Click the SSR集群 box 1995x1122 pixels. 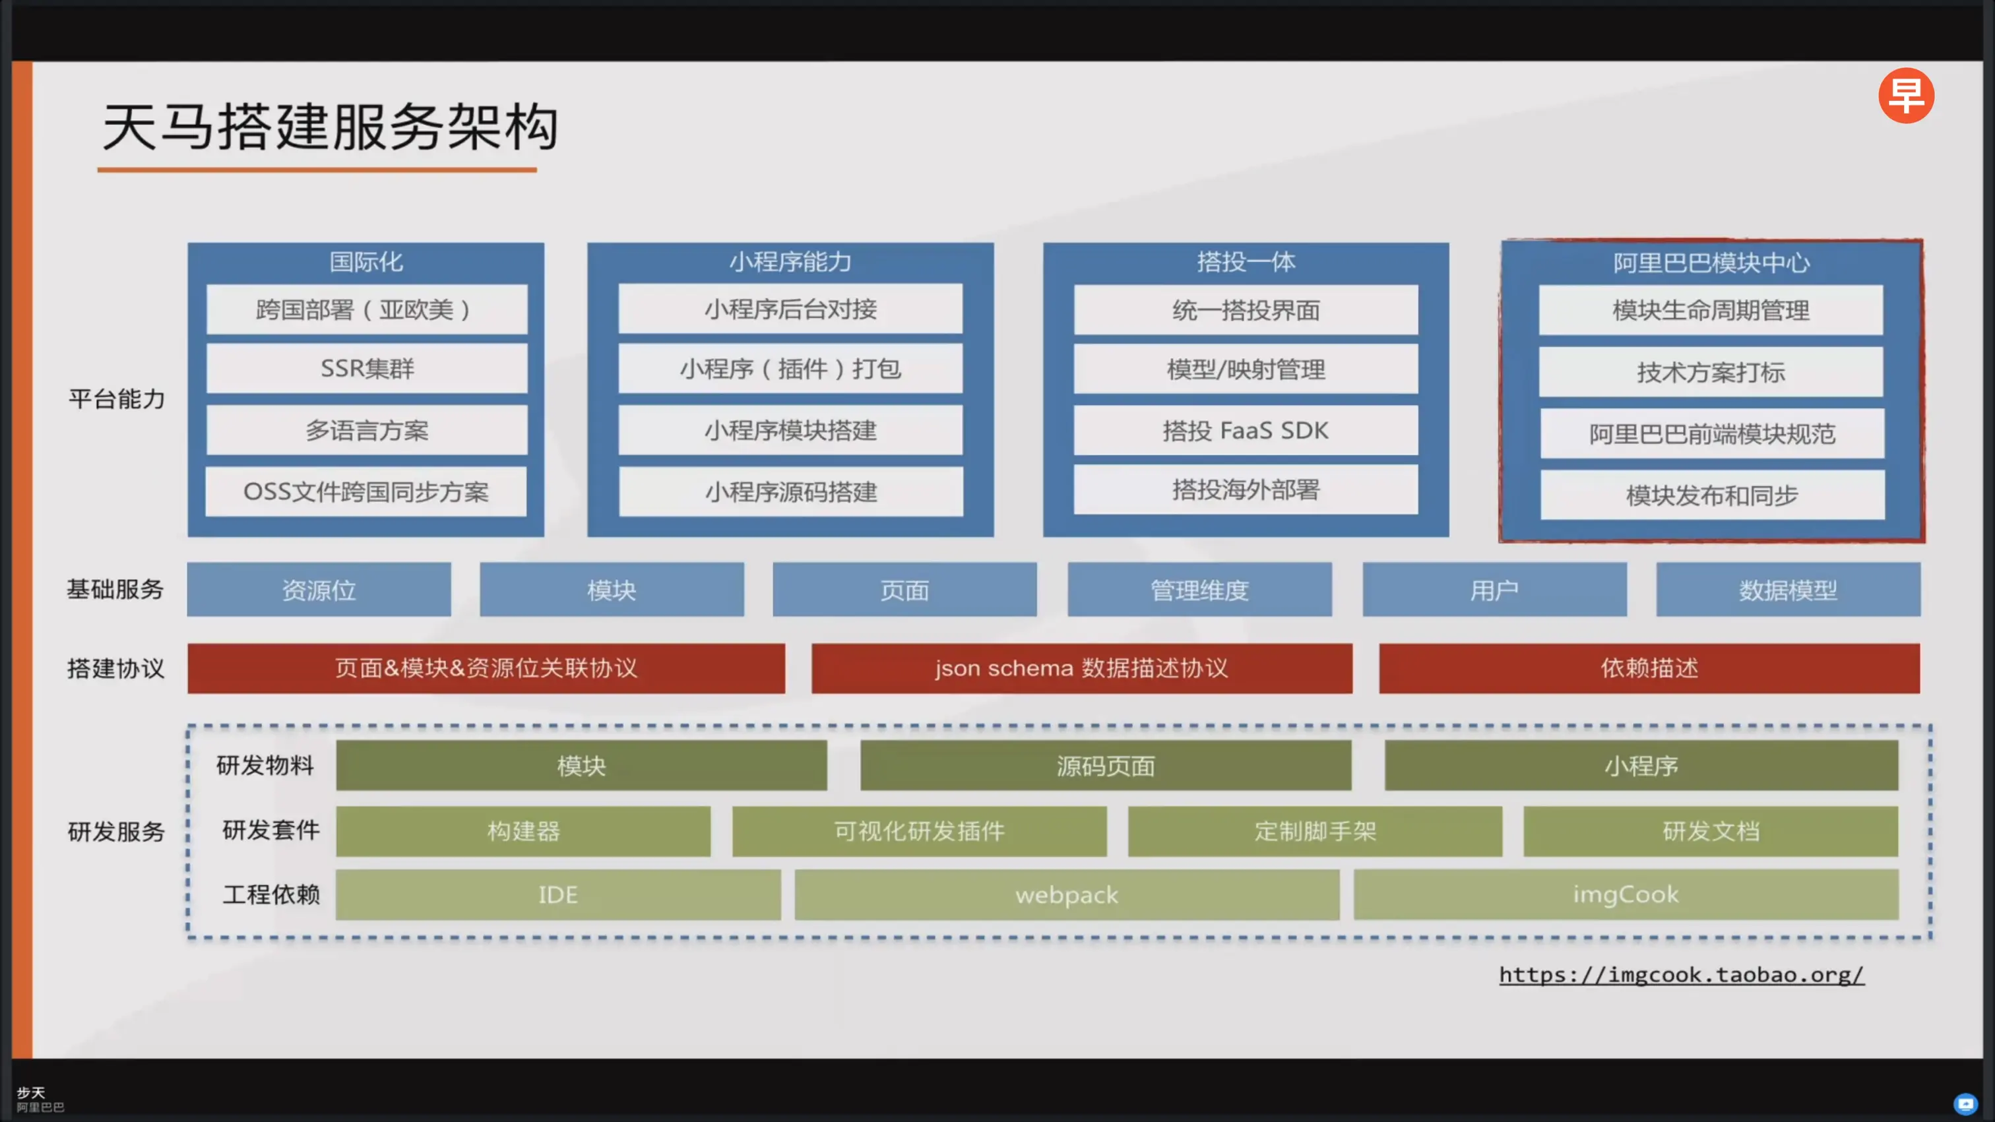[x=367, y=369]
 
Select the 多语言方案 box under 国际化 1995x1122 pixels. [x=367, y=431]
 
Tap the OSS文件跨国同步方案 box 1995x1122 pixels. [x=365, y=491]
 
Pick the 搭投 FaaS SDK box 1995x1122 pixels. [x=1246, y=431]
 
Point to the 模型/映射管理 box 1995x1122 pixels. [x=1246, y=369]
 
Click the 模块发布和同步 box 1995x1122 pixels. [x=1711, y=495]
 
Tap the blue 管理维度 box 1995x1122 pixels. [x=1199, y=590]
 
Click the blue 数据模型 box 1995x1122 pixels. [x=1787, y=590]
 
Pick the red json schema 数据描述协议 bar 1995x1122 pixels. [x=1081, y=668]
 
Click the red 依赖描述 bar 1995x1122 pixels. [x=1649, y=668]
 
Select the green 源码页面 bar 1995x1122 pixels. [x=1105, y=766]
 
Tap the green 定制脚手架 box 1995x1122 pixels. [x=1315, y=832]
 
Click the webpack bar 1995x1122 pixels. [x=1066, y=895]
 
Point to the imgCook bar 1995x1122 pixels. [x=1626, y=895]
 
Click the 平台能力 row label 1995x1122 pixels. [x=117, y=399]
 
